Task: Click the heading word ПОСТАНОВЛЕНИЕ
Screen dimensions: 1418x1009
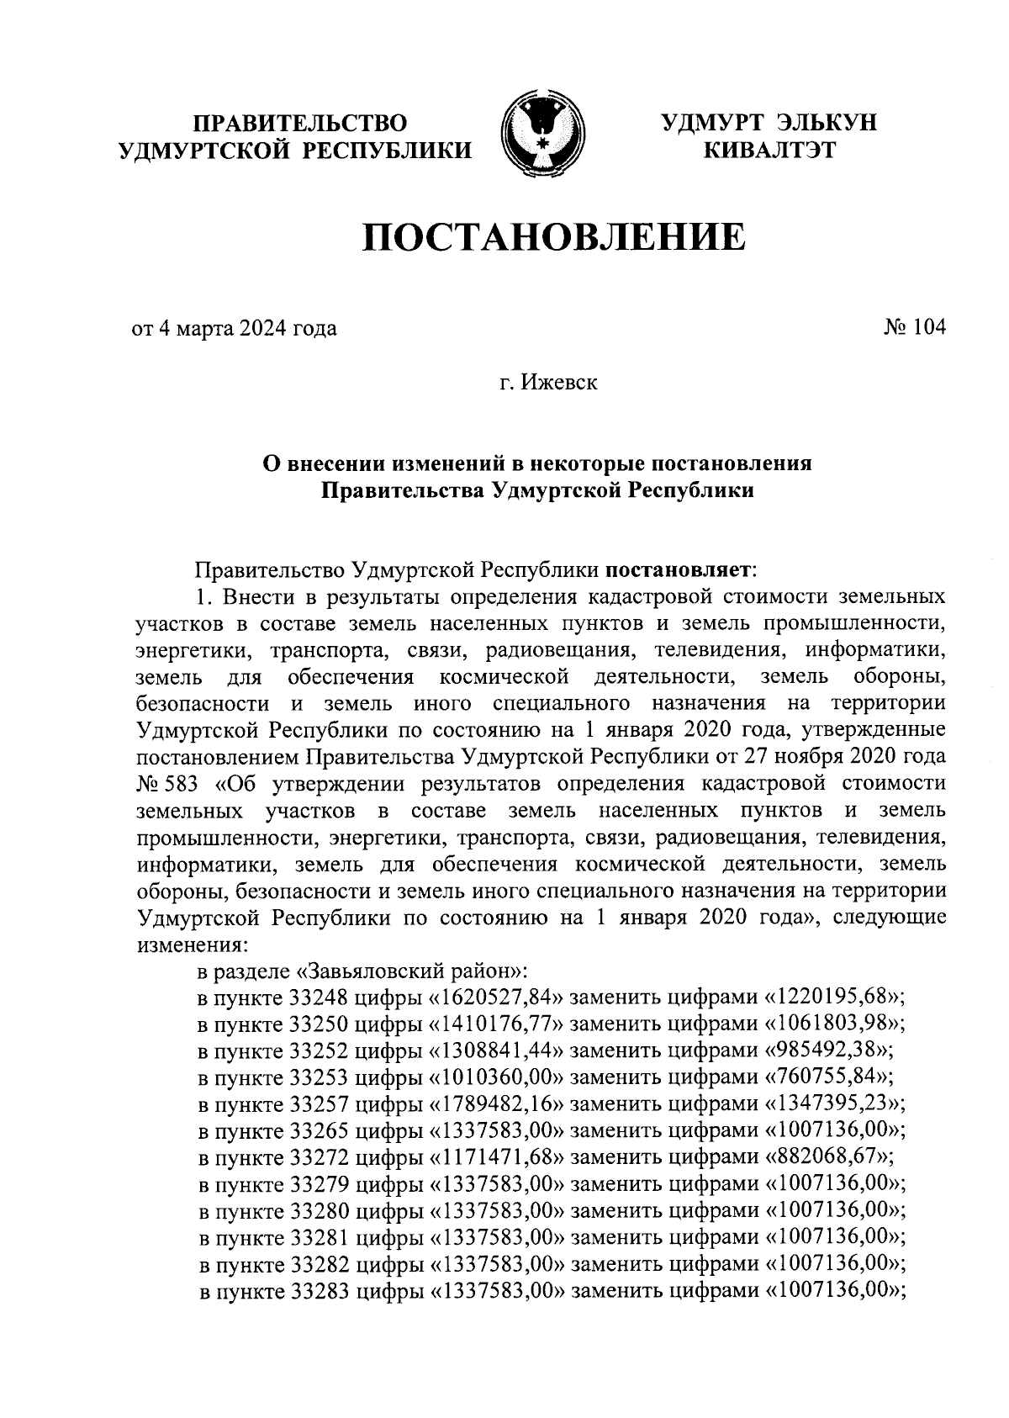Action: (x=554, y=238)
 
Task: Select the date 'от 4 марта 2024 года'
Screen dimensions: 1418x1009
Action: (x=234, y=328)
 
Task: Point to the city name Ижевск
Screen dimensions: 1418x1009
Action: (x=559, y=384)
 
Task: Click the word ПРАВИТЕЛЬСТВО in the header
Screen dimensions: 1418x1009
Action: (x=300, y=123)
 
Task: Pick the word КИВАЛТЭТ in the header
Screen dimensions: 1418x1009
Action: (x=769, y=151)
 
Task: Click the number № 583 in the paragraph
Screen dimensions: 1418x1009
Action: (x=166, y=783)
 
